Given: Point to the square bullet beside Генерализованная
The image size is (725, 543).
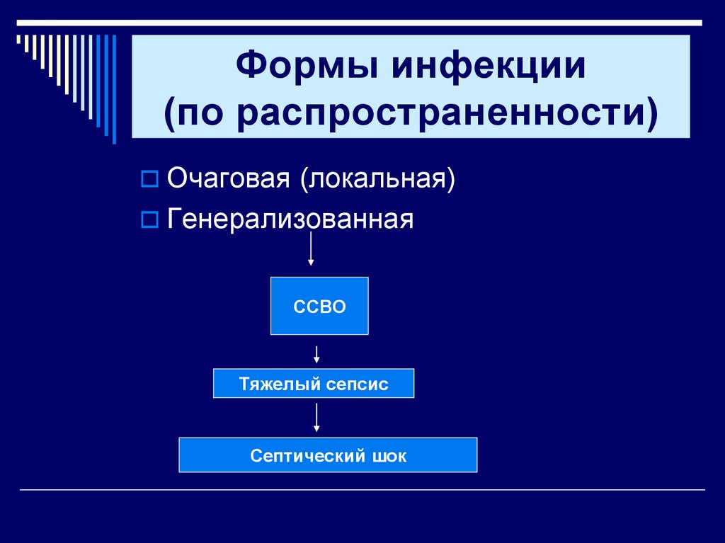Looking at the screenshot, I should pos(149,220).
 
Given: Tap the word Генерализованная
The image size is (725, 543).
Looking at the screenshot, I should pos(290,219).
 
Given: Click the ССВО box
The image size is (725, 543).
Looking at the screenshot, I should pos(319,306).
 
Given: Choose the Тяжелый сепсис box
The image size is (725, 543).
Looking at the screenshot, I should pos(314,384).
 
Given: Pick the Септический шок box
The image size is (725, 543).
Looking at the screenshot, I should pos(328,455).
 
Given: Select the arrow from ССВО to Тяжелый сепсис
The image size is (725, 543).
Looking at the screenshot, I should pos(316,353).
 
